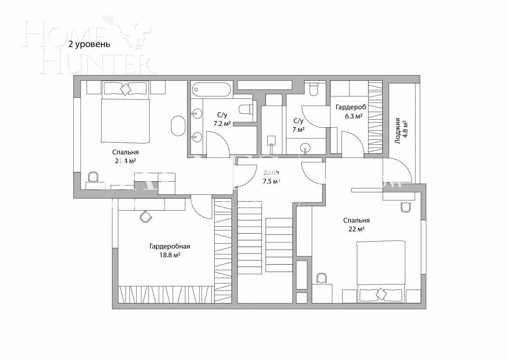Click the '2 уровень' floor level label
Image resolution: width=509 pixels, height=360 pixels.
pyautogui.click(x=89, y=44)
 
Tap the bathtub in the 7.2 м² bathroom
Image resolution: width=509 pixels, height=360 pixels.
pyautogui.click(x=211, y=90)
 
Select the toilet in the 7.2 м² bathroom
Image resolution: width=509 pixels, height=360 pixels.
pyautogui.click(x=246, y=110)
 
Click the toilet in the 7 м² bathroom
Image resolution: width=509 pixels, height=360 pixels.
pyautogui.click(x=314, y=89)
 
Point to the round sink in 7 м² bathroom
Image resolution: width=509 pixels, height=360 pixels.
pyautogui.click(x=305, y=148)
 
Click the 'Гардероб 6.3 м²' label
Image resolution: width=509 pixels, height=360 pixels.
pyautogui.click(x=350, y=111)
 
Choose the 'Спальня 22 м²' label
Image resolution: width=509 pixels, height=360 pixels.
pyautogui.click(x=356, y=225)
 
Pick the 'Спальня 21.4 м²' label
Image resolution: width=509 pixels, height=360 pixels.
pyautogui.click(x=126, y=156)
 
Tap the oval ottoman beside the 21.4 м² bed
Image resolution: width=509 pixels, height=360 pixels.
pyautogui.click(x=178, y=126)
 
